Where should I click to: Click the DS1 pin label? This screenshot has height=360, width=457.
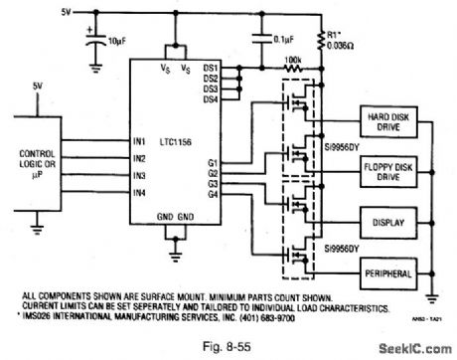coord(210,69)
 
